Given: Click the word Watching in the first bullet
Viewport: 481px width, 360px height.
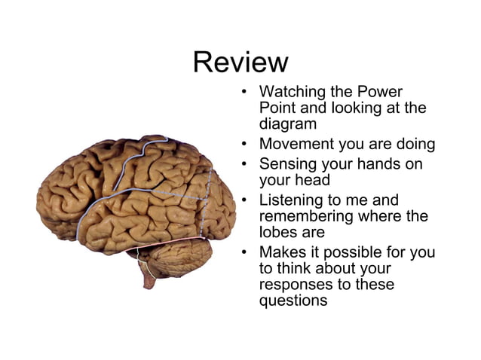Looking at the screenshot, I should (x=291, y=92).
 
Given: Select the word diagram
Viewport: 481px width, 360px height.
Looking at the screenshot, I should (x=287, y=125).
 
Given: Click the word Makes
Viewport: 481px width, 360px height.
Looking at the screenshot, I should (x=282, y=252).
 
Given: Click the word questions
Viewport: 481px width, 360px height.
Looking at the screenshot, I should (x=293, y=301).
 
